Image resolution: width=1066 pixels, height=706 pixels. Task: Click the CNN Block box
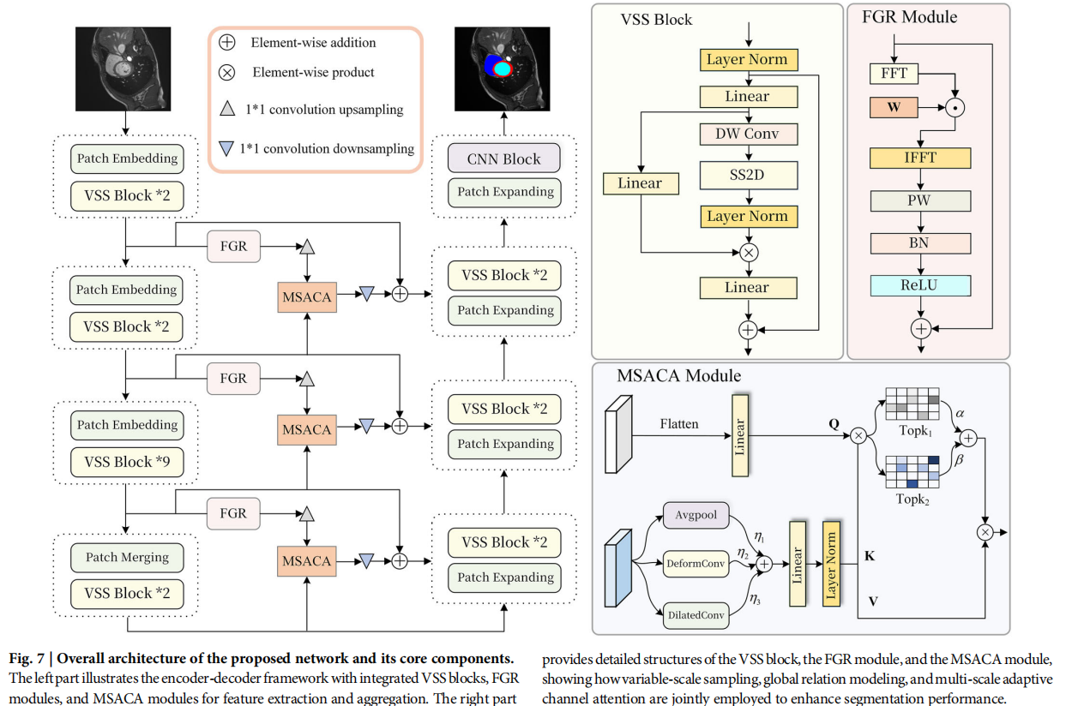coord(503,159)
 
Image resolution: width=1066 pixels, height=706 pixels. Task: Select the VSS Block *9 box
coord(126,462)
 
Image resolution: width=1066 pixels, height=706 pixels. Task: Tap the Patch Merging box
coord(126,557)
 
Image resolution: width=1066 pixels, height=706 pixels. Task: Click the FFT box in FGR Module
coord(894,74)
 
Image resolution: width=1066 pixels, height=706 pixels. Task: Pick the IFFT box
coord(919,158)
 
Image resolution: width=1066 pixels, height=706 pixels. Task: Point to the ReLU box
coord(919,285)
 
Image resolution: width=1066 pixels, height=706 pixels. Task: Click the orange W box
coord(894,108)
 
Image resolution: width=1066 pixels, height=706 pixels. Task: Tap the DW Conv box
coord(748,134)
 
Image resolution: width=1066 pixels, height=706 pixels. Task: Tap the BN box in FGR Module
coord(919,243)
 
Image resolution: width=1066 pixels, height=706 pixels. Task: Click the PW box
coord(919,201)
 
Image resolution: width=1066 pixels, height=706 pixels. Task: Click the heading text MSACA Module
coord(678,375)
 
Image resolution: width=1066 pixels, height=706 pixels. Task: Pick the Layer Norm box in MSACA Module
coord(831,562)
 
